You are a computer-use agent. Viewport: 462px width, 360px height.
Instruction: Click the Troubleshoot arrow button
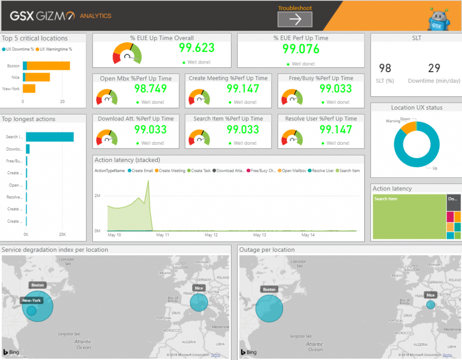coord(295,19)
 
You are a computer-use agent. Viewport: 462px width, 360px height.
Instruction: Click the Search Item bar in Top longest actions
coord(50,137)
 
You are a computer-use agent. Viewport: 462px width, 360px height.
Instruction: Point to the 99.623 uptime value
coord(197,48)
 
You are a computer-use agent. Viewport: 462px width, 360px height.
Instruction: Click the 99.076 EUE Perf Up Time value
coord(301,49)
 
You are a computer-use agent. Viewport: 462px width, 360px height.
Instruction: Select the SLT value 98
coord(385,68)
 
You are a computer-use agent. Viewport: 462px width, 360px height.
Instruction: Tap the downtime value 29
coord(434,68)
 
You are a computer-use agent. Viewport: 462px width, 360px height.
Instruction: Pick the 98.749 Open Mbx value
coord(150,89)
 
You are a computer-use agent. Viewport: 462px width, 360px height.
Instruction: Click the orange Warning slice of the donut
coord(409,127)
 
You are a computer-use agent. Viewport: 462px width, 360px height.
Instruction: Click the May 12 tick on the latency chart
coord(211,235)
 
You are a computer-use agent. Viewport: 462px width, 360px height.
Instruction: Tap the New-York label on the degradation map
coord(32,300)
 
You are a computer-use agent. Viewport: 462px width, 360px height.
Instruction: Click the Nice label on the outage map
coord(430,295)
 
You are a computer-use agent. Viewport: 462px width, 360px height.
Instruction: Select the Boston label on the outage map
coord(269,289)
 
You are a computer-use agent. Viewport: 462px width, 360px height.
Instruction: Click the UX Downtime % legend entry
coord(18,49)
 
